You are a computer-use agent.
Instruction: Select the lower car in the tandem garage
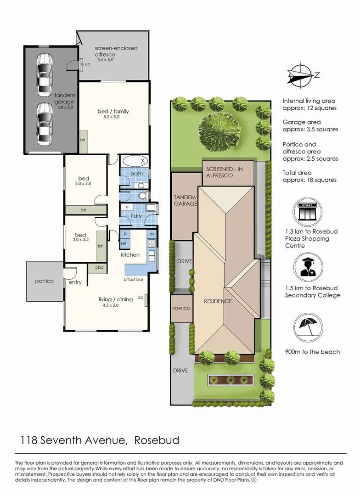coord(45,123)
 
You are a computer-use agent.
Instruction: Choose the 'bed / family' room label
coord(113,111)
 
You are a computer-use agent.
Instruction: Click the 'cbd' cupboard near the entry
coord(99,267)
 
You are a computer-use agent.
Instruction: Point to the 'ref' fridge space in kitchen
coord(124,243)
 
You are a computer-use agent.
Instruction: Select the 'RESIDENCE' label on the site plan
coord(218,301)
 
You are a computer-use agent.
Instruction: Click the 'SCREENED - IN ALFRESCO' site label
coord(225,173)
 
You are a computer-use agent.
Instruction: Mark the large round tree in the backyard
coord(220,129)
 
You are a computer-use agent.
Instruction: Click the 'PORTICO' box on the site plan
coord(181,308)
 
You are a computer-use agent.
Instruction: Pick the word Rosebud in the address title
coord(157,440)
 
